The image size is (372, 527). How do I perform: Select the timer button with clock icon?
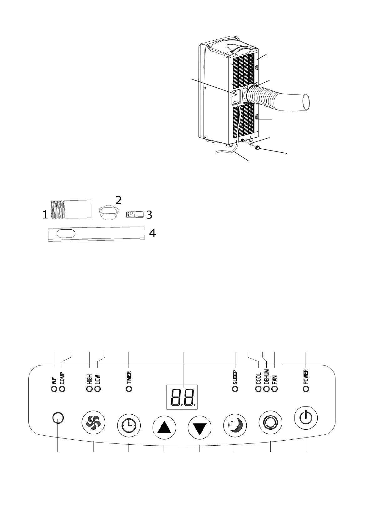point(129,426)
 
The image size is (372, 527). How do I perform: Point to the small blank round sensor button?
point(58,418)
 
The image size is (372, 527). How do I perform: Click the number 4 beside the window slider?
point(152,233)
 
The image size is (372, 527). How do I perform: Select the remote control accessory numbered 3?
point(134,214)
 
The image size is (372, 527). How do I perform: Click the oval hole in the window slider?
point(66,234)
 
